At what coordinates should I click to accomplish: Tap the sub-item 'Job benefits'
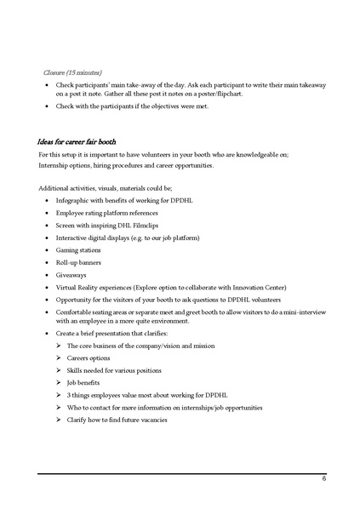[x=86, y=383]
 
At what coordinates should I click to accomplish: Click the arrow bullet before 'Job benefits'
[x=59, y=383]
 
